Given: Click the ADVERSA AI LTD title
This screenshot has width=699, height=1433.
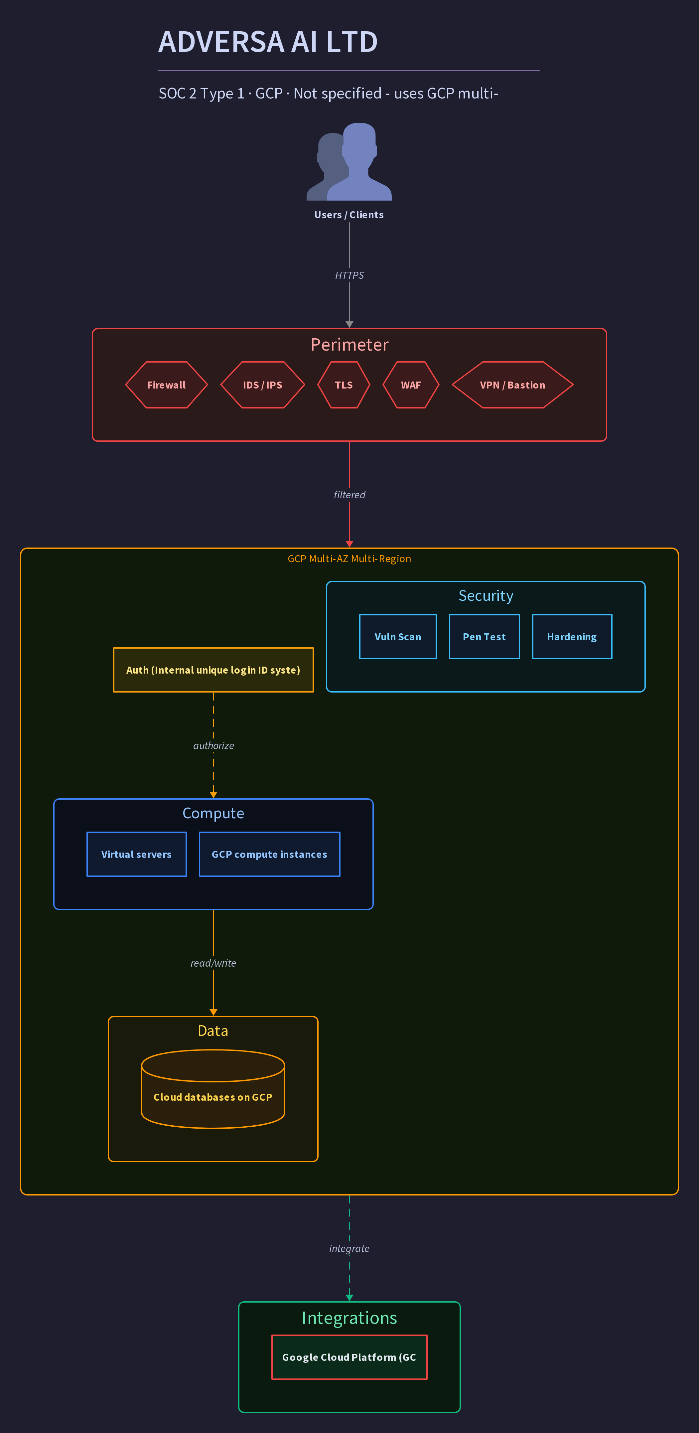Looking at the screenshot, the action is [268, 42].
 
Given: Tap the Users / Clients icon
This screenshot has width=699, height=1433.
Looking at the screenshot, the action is [349, 161].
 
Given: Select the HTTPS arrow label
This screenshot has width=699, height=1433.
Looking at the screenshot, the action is [349, 275].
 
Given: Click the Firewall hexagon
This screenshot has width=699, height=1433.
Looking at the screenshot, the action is [166, 385].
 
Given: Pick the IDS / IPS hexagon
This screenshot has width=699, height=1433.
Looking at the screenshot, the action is [262, 385].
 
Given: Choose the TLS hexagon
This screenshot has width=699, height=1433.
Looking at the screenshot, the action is [344, 385].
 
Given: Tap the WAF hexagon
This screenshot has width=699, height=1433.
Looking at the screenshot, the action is [411, 385].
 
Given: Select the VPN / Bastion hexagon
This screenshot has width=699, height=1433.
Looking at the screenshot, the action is [513, 385].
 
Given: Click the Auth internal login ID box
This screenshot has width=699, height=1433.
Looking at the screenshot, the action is [213, 670].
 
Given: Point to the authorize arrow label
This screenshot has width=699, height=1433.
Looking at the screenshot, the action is [213, 745].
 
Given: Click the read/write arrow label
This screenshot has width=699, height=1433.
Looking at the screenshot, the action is [213, 963].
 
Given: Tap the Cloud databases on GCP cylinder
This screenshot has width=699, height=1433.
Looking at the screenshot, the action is [213, 1089].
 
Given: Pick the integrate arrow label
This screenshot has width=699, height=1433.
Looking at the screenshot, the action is [349, 1248].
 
